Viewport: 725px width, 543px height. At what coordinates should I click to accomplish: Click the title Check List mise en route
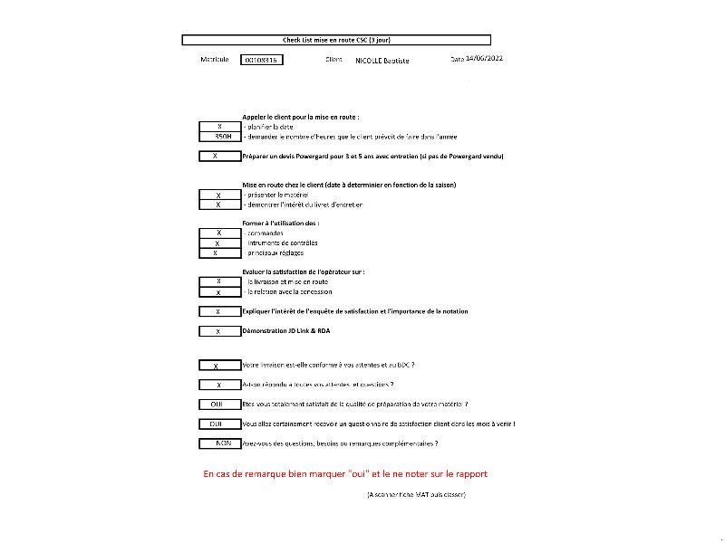pos(336,40)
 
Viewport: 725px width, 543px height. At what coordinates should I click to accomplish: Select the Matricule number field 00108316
pos(262,60)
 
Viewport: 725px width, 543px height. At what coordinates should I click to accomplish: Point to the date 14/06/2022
pos(483,59)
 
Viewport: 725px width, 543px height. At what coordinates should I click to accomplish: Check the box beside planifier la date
pos(219,127)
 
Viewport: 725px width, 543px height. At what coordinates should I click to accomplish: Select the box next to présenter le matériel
pos(219,195)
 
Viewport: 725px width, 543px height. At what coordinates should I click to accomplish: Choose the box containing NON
pos(219,443)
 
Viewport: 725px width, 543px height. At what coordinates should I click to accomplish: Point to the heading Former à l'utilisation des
pos(281,223)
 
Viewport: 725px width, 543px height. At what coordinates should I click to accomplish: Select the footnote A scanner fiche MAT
pos(416,495)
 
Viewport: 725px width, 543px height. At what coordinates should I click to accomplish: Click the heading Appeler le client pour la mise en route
pos(301,117)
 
